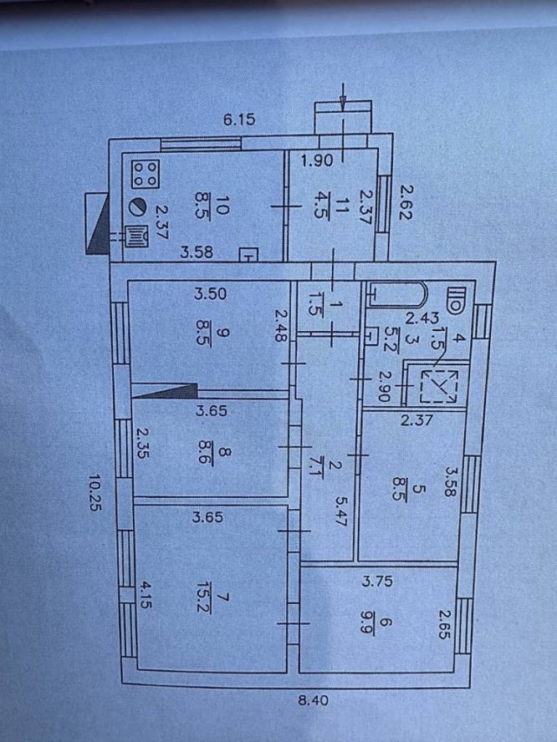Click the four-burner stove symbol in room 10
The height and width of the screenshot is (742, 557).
[146, 173]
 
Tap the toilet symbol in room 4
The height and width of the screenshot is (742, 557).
[456, 301]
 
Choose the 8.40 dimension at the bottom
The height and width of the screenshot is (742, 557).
[314, 699]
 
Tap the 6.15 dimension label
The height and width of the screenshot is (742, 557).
[239, 119]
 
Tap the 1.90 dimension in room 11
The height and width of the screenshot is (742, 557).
[317, 161]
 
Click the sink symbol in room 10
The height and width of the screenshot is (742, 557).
[136, 236]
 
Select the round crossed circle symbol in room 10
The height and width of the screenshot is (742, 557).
[138, 206]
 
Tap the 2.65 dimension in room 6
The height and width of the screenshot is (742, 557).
[443, 625]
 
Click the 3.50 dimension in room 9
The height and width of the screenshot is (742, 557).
[210, 293]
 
